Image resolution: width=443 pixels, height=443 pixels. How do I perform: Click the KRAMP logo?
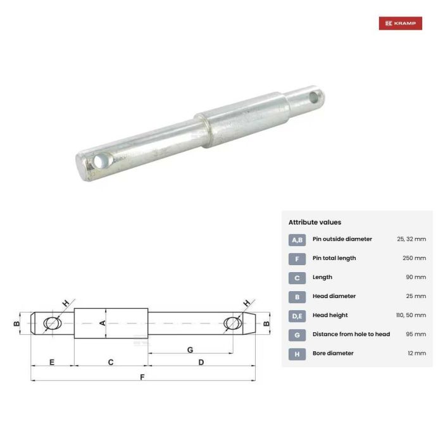(x=400, y=23)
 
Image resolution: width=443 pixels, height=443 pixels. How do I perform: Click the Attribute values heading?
(x=315, y=222)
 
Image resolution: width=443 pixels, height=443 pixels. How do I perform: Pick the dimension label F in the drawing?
(x=142, y=377)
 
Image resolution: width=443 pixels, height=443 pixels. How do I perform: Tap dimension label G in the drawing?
(x=190, y=349)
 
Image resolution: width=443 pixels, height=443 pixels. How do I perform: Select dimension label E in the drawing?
(x=52, y=363)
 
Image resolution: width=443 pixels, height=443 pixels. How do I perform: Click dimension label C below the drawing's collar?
(x=111, y=363)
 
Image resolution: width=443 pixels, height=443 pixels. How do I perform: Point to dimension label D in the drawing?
(x=201, y=363)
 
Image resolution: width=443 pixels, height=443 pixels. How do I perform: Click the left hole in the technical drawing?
(x=53, y=323)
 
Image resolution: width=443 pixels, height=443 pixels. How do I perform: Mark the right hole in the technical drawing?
(x=232, y=323)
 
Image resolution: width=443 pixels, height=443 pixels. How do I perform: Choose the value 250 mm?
(x=414, y=258)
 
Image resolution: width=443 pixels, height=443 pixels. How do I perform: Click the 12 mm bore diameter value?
(x=416, y=353)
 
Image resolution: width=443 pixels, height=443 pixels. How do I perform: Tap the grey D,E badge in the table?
(x=297, y=316)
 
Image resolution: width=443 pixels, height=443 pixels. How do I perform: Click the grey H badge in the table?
(x=297, y=354)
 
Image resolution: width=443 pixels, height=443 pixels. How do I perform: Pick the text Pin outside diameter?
(x=342, y=239)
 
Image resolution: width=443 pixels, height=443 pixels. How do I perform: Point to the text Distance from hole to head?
(x=351, y=334)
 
